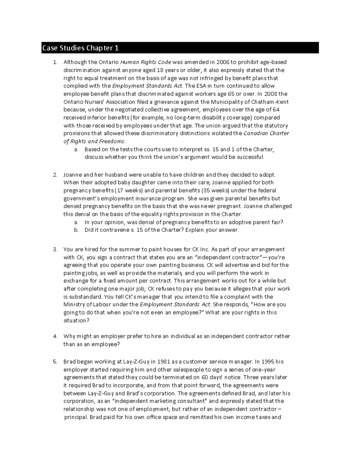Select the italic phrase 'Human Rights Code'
pos(146,62)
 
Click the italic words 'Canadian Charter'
pos(266,134)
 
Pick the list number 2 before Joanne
pos(55,175)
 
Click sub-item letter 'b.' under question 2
pos(76,230)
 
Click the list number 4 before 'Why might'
pos(55,336)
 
